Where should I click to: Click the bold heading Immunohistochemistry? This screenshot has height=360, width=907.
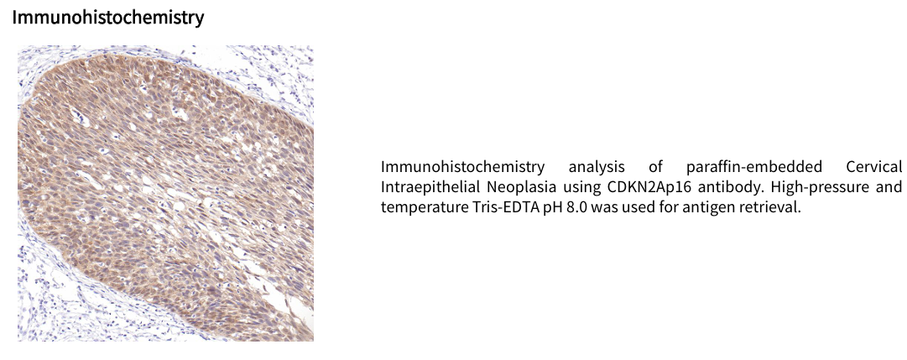coord(108,18)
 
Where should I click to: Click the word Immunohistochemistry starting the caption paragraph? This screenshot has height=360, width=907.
coord(463,167)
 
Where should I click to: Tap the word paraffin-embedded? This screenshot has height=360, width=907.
coord(754,167)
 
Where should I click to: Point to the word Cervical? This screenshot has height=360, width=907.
coord(874,167)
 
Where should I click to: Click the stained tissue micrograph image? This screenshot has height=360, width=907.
coord(165,193)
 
